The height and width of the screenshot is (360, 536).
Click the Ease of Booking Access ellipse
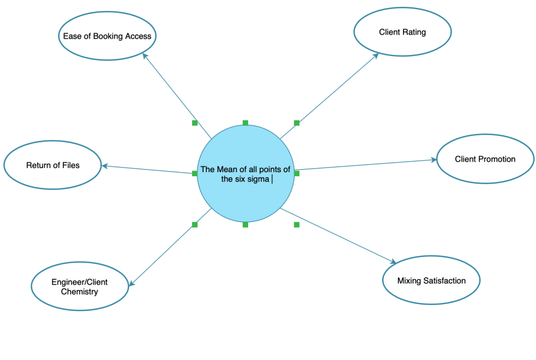point(107,36)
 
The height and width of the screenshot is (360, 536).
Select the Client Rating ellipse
point(402,32)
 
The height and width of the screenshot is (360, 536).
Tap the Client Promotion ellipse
point(485,159)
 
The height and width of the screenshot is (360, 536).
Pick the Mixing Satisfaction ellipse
point(431,280)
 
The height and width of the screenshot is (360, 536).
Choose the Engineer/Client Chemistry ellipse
point(80,287)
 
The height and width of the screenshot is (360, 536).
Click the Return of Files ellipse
point(53,165)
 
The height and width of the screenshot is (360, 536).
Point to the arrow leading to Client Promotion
point(366,164)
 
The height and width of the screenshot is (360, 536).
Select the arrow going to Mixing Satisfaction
point(338,235)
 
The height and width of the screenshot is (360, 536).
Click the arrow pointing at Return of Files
point(149,170)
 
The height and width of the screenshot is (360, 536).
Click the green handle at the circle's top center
point(245,123)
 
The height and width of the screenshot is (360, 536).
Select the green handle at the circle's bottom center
point(245,224)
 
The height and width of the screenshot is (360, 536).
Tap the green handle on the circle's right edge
point(296,173)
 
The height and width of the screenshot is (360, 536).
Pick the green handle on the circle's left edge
point(195,173)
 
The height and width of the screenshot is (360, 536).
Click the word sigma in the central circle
point(256,179)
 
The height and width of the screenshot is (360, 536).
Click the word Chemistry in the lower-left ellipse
point(80,291)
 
